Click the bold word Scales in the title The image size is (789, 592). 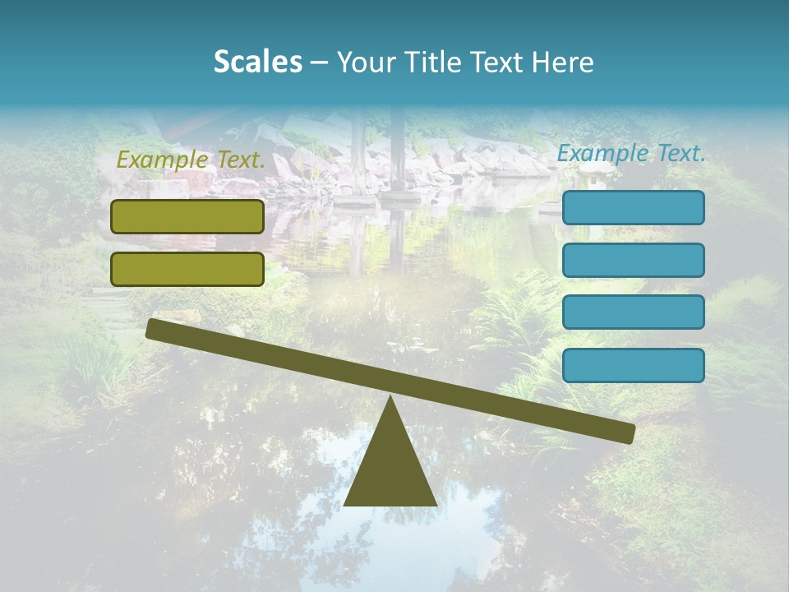(x=257, y=62)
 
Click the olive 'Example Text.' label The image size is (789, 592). (x=191, y=160)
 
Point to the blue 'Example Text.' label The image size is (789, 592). (x=631, y=153)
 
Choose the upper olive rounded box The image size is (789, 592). (x=187, y=216)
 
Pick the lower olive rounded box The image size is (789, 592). (x=187, y=269)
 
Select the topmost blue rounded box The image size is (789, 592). (x=633, y=207)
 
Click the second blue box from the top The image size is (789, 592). (x=633, y=260)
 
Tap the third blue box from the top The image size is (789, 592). (x=633, y=312)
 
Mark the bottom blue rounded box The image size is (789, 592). (x=633, y=365)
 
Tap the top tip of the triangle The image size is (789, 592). (x=390, y=399)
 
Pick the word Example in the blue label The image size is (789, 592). (x=602, y=153)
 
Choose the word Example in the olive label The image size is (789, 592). (x=161, y=160)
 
